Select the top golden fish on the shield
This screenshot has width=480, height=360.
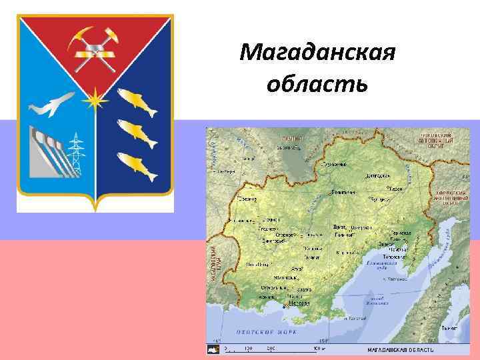(x=133, y=98)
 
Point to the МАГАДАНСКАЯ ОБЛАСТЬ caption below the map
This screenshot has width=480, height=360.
(x=401, y=349)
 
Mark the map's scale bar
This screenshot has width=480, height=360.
(x=273, y=349)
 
